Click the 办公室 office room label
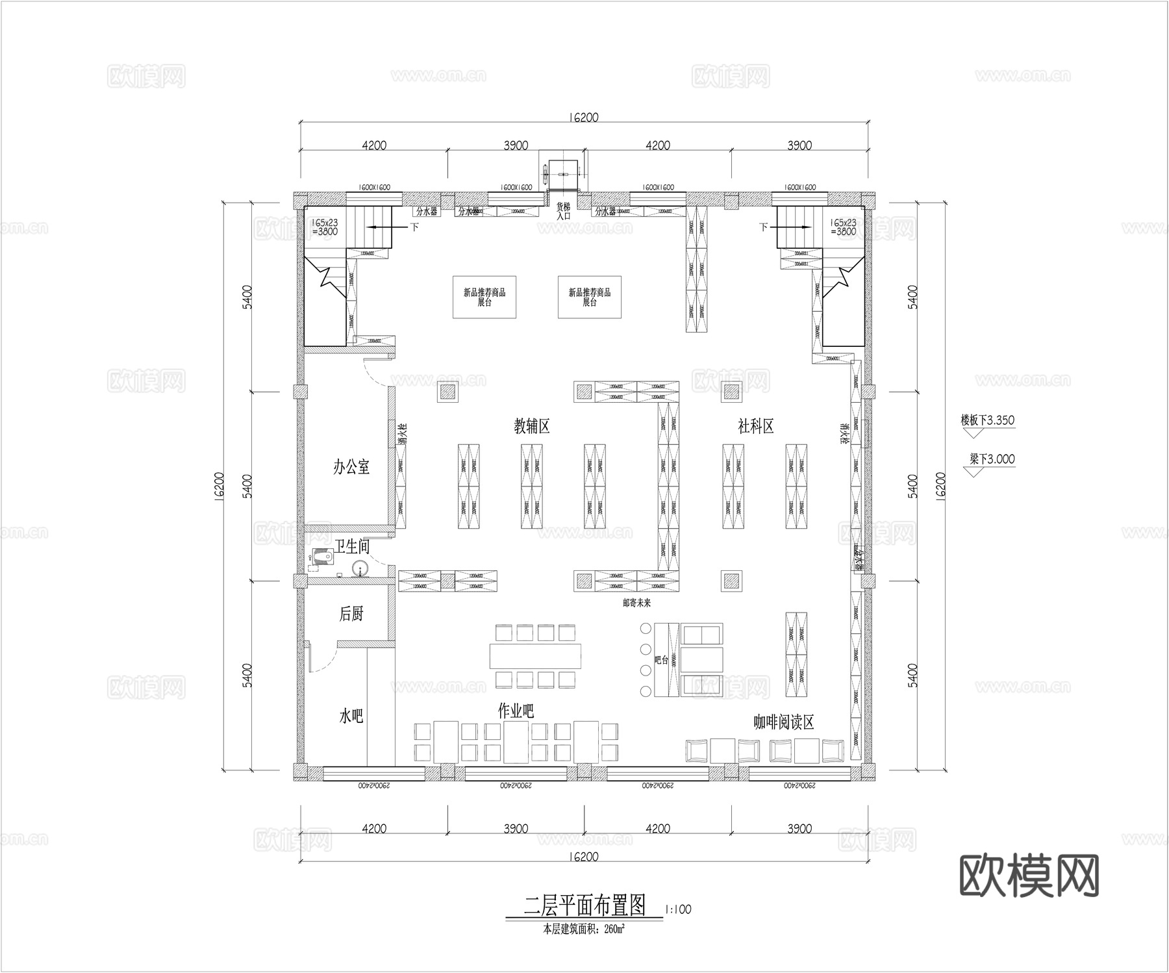tap(351, 466)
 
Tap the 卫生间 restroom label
tap(352, 546)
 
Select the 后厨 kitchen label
tap(351, 613)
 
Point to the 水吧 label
tap(351, 716)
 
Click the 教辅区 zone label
tap(532, 426)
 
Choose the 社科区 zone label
tap(755, 426)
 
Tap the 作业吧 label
tap(516, 711)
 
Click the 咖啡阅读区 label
tap(783, 722)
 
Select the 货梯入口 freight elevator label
tap(563, 211)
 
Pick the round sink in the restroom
tap(359, 568)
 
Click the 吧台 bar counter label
tap(662, 660)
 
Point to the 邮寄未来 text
tap(636, 603)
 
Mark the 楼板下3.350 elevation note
tap(987, 420)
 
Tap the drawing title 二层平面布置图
tap(584, 905)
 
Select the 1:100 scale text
tap(679, 909)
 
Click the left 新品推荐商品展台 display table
tap(484, 297)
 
